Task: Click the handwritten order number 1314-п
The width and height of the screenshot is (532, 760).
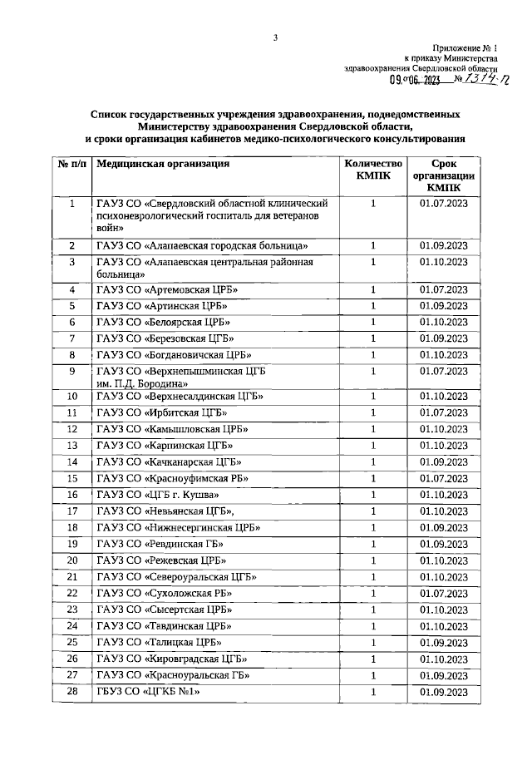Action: (x=477, y=79)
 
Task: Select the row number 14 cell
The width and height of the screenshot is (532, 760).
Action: (x=72, y=461)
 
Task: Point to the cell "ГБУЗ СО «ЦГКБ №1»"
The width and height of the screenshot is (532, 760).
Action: (x=150, y=692)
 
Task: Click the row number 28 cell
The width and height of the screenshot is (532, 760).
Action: (x=72, y=692)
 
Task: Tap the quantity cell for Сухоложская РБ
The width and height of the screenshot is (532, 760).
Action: (x=373, y=593)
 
